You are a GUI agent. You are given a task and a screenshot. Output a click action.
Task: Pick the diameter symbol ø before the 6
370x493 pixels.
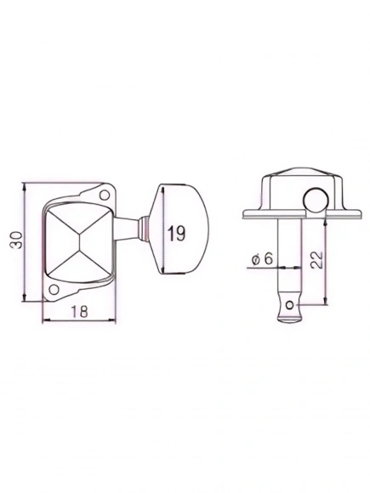pyautogui.click(x=256, y=260)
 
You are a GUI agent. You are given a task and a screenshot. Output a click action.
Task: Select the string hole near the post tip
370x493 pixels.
pyautogui.click(x=292, y=301)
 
